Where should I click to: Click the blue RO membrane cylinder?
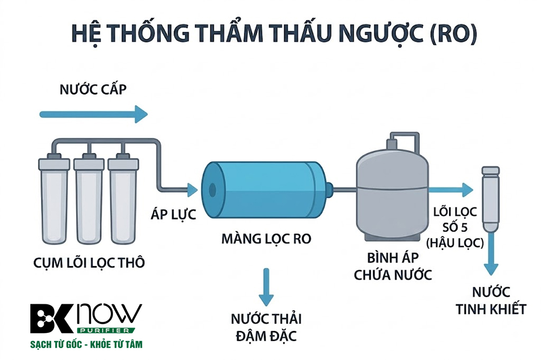[265, 190]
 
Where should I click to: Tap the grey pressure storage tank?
[392, 193]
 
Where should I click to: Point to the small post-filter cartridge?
[490, 199]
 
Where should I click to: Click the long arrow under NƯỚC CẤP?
[94, 114]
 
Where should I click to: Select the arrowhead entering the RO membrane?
[192, 190]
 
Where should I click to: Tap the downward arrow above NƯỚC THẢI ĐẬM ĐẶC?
[266, 287]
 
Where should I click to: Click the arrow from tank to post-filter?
[451, 190]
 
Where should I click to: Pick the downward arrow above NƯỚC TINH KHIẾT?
[491, 254]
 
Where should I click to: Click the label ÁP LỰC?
[174, 214]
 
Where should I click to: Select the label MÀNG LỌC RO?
[266, 238]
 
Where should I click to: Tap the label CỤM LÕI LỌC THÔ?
[89, 263]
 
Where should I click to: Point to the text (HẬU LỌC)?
[455, 243]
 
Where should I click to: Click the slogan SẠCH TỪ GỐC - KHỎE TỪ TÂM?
[86, 344]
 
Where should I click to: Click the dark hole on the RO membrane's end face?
[213, 190]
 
